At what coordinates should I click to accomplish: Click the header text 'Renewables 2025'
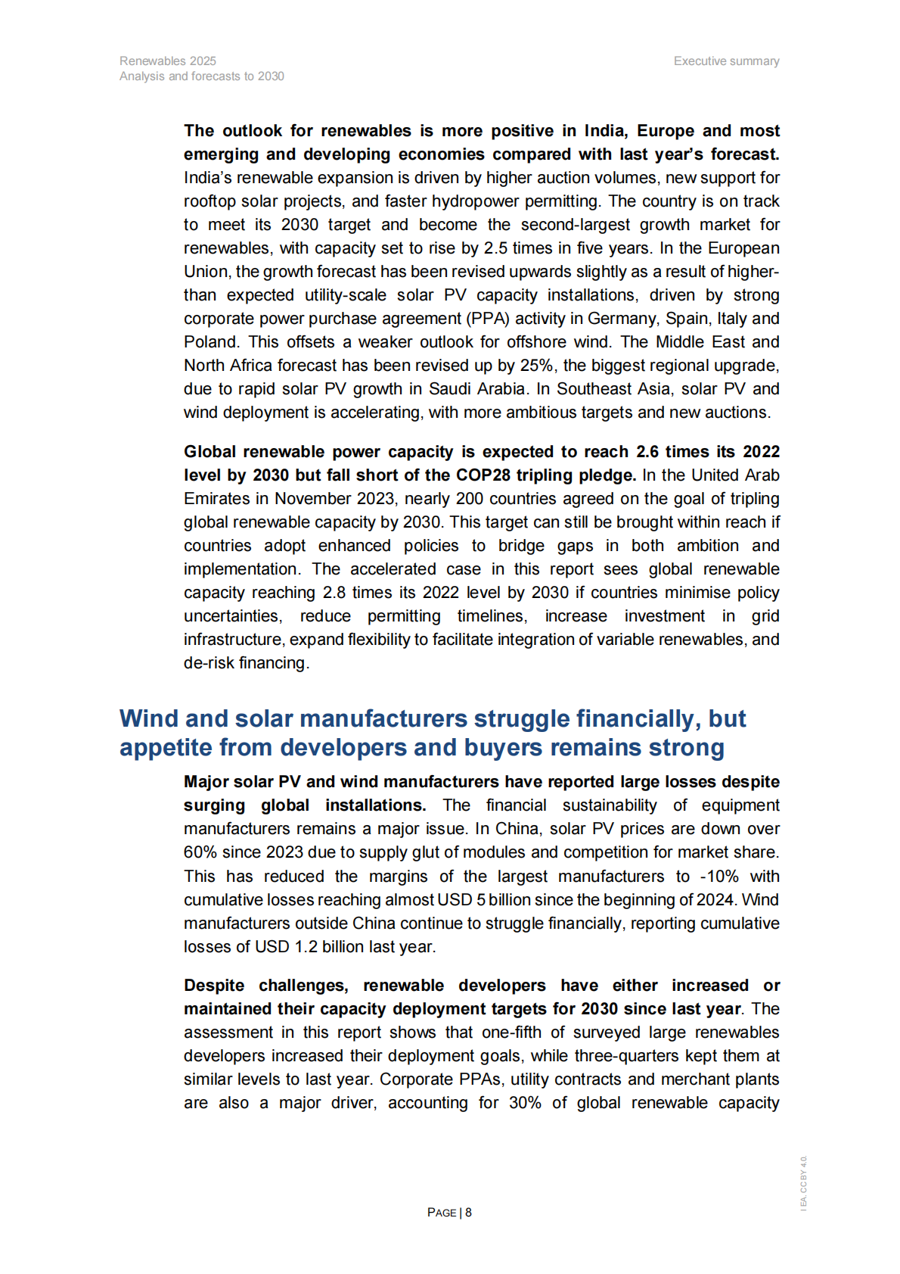pyautogui.click(x=167, y=61)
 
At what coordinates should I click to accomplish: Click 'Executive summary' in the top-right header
pyautogui.click(x=726, y=61)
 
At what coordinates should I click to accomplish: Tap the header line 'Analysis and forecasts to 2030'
pyautogui.click(x=201, y=76)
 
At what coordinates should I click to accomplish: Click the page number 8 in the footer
pyautogui.click(x=469, y=1213)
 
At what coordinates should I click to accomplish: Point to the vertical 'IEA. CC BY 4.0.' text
pyautogui.click(x=804, y=1182)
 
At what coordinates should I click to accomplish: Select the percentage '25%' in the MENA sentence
pyautogui.click(x=535, y=366)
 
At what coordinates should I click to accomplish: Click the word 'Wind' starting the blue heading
pyautogui.click(x=149, y=718)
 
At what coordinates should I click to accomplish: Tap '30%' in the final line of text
pyautogui.click(x=525, y=1103)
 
